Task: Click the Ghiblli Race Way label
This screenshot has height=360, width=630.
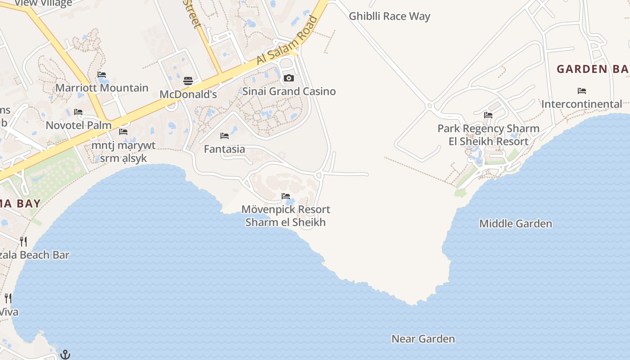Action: (x=390, y=17)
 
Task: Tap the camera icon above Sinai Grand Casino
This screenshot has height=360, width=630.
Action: (x=289, y=78)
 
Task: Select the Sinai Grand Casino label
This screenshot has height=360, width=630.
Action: (x=289, y=91)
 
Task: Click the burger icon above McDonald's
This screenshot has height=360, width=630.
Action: (x=188, y=81)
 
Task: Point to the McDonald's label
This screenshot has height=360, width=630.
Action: (x=188, y=94)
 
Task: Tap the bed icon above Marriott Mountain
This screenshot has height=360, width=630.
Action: (x=102, y=75)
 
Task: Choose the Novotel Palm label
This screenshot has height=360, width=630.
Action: (x=79, y=125)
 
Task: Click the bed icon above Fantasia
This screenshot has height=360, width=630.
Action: (x=225, y=136)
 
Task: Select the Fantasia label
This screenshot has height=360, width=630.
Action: (x=225, y=149)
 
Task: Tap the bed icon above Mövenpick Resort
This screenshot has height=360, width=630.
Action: (x=286, y=196)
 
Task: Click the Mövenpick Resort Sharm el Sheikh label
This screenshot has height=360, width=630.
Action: (x=286, y=216)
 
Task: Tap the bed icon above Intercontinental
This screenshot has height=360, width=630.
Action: (x=582, y=91)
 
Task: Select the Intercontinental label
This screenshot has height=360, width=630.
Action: (x=582, y=104)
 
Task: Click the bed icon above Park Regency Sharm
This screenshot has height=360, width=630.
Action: (x=488, y=115)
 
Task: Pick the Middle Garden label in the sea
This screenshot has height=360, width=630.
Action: (x=516, y=224)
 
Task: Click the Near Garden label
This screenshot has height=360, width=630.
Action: (x=423, y=339)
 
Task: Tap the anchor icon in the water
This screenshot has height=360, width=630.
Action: (x=65, y=354)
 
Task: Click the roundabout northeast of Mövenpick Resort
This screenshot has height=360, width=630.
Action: (x=319, y=175)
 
